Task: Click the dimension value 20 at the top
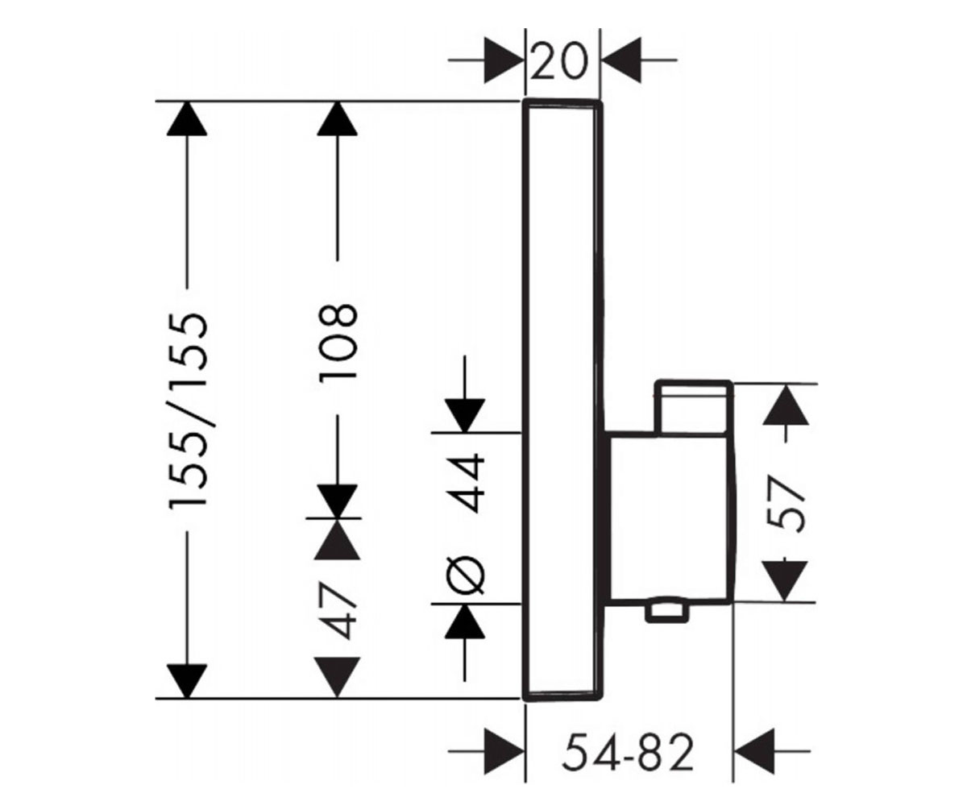point(559,60)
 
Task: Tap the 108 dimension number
point(338,342)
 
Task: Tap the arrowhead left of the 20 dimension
point(504,60)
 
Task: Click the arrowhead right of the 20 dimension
point(621,60)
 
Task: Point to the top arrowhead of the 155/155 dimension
point(187,118)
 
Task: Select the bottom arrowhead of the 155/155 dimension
point(187,681)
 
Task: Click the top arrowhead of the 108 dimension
point(337,118)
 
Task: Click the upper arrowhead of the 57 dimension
point(786,405)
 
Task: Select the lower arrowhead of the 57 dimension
point(785,581)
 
